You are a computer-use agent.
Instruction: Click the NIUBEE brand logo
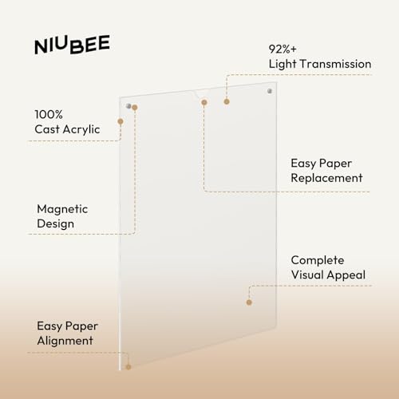coord(72,45)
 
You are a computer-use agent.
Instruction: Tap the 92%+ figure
coord(282,49)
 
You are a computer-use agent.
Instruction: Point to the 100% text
coord(49,115)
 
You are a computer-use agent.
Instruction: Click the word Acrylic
coord(81,130)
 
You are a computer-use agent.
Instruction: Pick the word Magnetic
coord(62,209)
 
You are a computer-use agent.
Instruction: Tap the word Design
coord(56,223)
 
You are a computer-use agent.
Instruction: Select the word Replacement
coord(326,178)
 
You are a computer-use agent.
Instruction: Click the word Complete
coord(318,260)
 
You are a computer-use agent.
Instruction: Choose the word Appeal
coord(346,275)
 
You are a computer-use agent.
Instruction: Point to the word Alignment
coord(65,341)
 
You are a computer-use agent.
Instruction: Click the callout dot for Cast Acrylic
coord(120,121)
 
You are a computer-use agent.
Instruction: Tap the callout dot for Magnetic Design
coord(135,108)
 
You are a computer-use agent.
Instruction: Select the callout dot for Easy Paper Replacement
coord(204,102)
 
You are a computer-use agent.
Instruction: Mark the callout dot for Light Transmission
coord(227,101)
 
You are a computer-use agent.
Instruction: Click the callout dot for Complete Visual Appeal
coord(249,302)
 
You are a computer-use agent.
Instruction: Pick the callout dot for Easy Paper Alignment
coord(128,367)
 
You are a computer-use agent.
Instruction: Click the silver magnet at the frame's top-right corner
coord(270,91)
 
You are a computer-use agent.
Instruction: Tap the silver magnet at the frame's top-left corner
coord(128,106)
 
